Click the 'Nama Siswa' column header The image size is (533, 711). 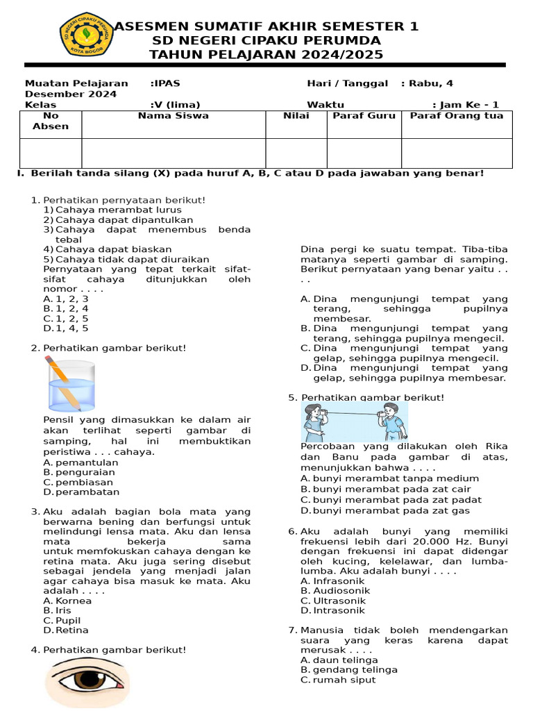pyautogui.click(x=173, y=116)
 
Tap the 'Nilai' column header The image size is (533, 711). pyautogui.click(x=296, y=116)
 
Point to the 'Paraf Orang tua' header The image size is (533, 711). pyautogui.click(x=457, y=116)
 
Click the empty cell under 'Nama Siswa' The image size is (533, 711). pyautogui.click(x=173, y=153)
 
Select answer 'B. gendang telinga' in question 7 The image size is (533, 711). pyautogui.click(x=354, y=670)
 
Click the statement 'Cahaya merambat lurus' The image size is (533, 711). pyautogui.click(x=118, y=210)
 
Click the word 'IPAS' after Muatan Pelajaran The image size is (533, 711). pyautogui.click(x=167, y=83)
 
